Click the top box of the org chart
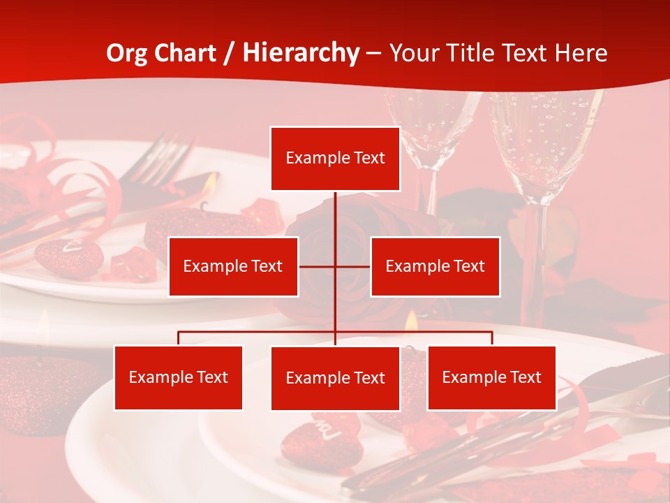point(335,159)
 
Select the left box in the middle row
point(233,266)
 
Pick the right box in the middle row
point(435,266)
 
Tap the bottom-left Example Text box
point(178,378)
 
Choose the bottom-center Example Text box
point(335,379)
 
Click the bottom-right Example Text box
point(491,378)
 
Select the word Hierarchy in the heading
point(300,53)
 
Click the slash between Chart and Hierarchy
point(230,53)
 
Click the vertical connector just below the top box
point(335,210)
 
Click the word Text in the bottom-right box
point(526,378)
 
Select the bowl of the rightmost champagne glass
point(544,140)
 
